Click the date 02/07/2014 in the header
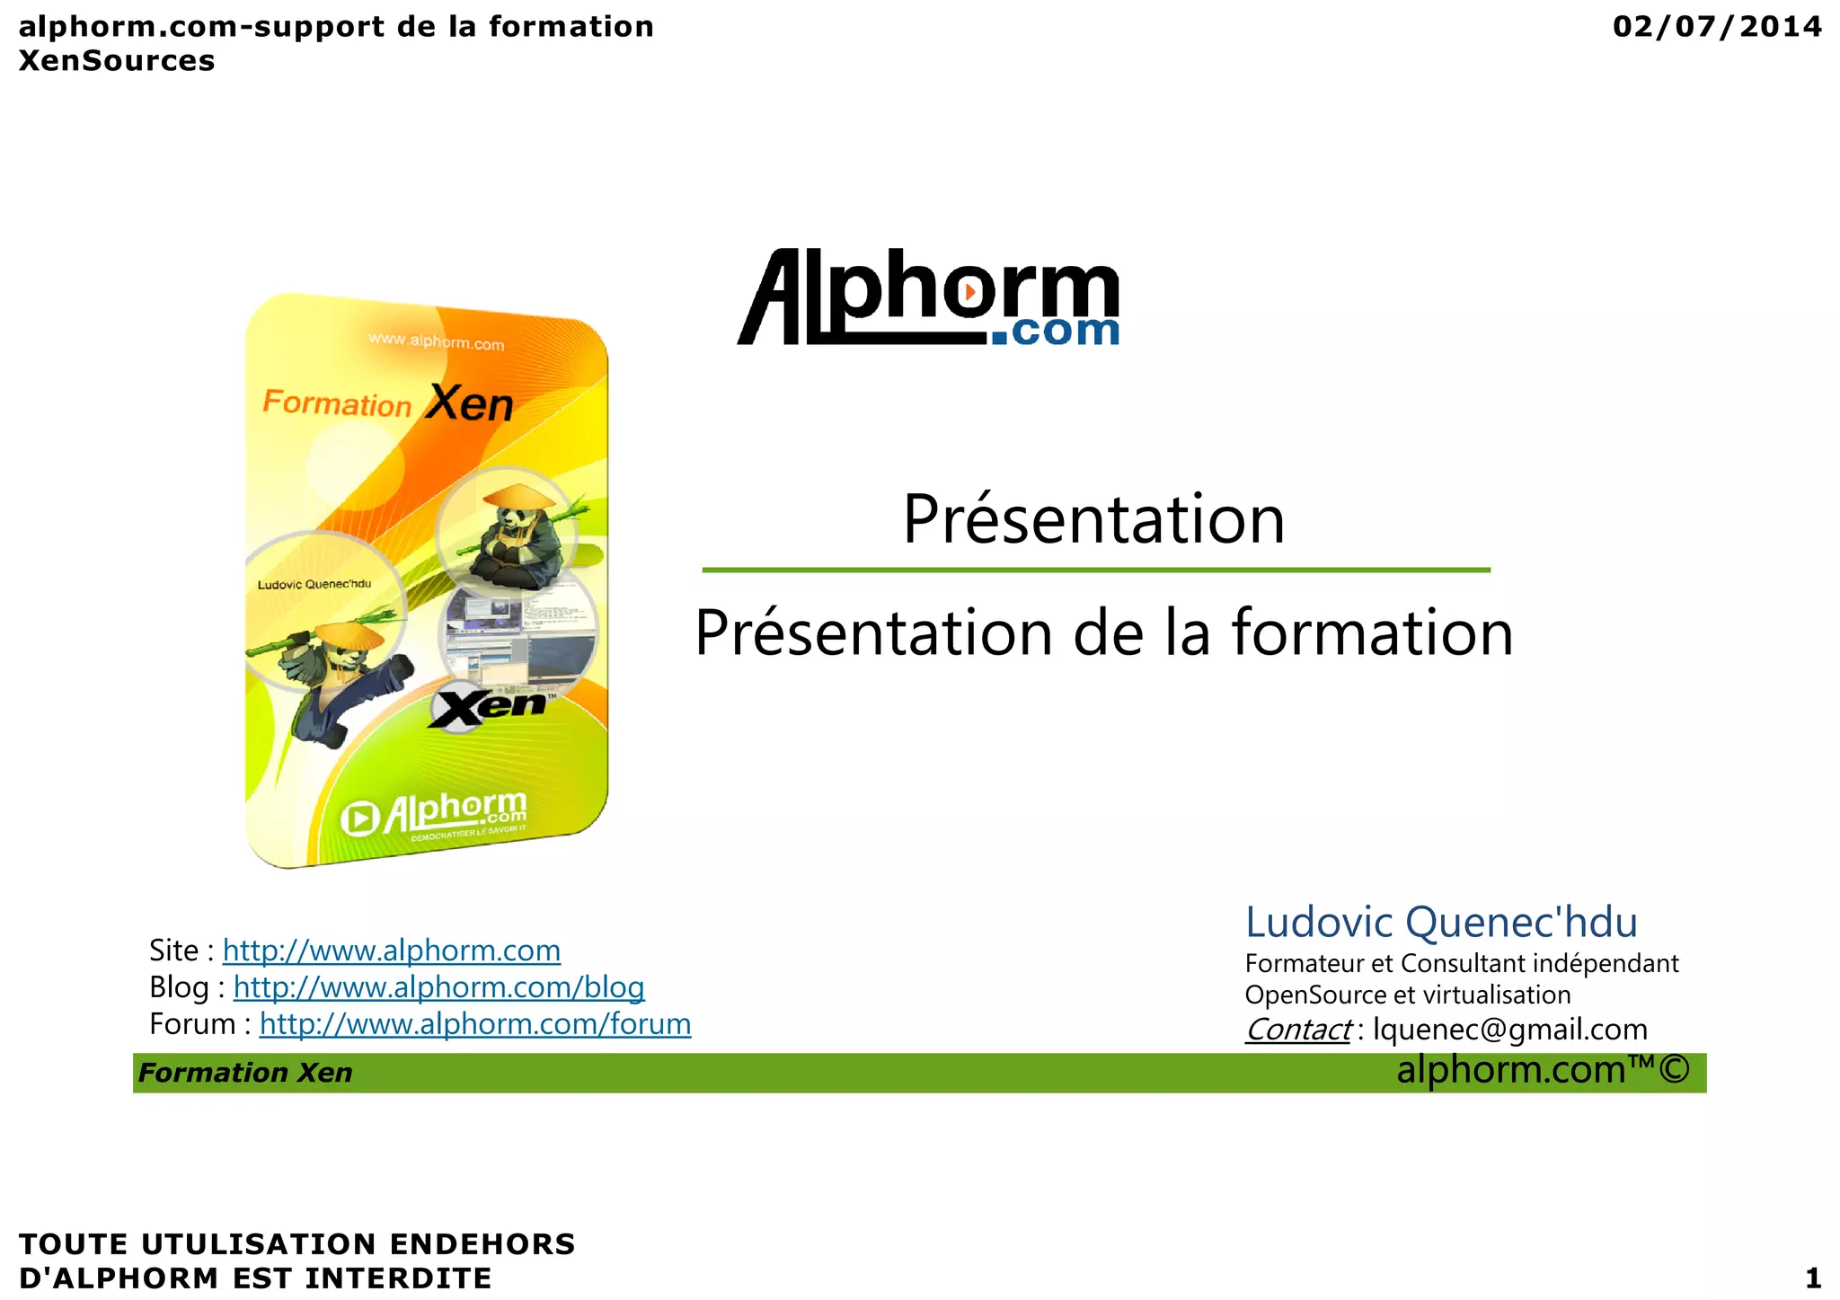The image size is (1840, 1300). [1716, 27]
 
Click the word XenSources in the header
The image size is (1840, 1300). [117, 61]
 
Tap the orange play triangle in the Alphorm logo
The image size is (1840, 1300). [970, 292]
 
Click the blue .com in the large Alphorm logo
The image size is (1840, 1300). [1057, 330]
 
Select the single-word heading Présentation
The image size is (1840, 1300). [1093, 519]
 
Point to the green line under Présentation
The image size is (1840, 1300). [1095, 570]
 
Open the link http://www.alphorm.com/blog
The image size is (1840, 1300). [438, 987]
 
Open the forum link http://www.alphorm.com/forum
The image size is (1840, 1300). [474, 1024]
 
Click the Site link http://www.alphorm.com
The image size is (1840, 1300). [391, 951]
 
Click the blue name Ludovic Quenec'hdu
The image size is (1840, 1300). [1441, 923]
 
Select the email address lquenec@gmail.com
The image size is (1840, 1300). [1510, 1030]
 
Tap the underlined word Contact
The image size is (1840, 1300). [1297, 1030]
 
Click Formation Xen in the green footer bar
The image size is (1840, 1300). [245, 1073]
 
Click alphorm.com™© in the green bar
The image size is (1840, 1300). [1543, 1070]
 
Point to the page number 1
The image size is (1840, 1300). [1812, 1278]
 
